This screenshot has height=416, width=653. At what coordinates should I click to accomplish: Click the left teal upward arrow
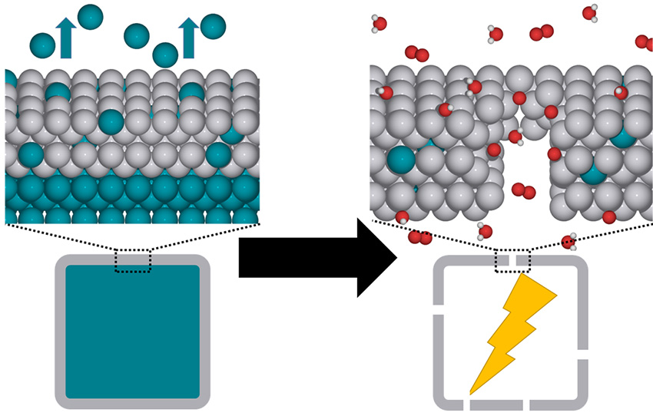(67, 38)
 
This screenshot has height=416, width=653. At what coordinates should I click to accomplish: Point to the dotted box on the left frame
(133, 260)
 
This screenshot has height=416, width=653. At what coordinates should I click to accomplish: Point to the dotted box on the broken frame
(512, 260)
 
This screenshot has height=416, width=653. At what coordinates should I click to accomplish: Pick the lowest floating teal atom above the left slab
(164, 54)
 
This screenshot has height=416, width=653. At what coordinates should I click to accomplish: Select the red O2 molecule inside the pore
(522, 190)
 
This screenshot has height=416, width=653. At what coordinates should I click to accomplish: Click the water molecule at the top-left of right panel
(380, 24)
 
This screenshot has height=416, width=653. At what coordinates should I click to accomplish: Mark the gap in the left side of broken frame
(439, 309)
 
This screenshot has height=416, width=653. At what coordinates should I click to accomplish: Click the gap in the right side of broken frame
(583, 355)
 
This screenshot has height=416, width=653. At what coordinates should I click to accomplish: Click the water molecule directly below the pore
(485, 230)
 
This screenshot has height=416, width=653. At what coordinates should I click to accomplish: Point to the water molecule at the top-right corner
(590, 12)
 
